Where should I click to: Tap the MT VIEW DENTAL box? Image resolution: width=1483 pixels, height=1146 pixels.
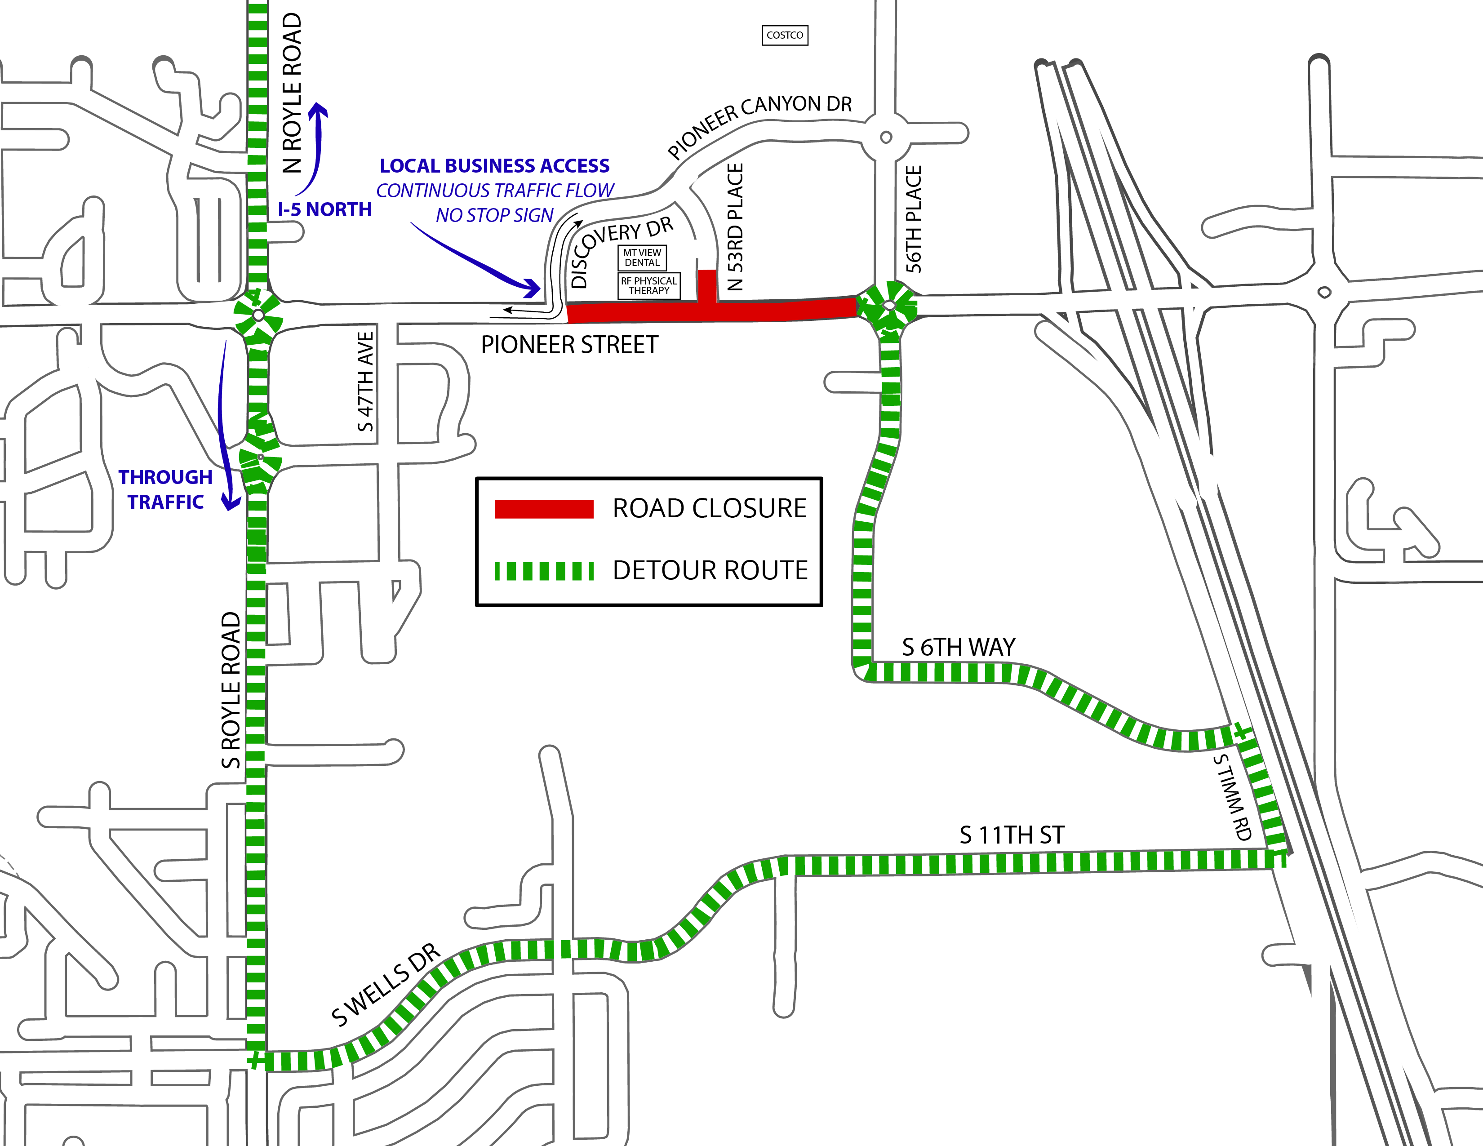tap(642, 258)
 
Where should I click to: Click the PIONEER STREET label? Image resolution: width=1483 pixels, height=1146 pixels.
tap(569, 345)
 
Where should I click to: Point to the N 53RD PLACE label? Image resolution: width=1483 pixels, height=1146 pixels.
tap(735, 227)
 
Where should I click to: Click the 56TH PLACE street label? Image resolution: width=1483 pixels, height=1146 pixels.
tap(914, 219)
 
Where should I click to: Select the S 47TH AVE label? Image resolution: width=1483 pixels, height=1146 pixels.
tap(365, 382)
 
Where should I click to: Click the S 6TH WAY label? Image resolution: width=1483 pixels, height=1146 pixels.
tap(958, 647)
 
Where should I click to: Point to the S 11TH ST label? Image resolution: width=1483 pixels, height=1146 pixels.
tap(1012, 835)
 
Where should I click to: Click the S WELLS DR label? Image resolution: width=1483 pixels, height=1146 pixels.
tap(386, 985)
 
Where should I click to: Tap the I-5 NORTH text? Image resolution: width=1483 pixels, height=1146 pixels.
tap(324, 210)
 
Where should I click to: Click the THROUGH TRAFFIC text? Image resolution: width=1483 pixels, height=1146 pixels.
tap(166, 489)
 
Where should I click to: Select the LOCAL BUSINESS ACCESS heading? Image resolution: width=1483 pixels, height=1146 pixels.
tap(494, 166)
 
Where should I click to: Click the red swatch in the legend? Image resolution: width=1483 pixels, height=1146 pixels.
tap(544, 509)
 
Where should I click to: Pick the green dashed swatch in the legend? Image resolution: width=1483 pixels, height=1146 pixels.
tap(544, 571)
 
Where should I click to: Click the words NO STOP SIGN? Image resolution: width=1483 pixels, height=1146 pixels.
tap(494, 215)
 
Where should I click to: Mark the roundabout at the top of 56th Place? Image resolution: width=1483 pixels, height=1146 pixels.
tap(885, 137)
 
